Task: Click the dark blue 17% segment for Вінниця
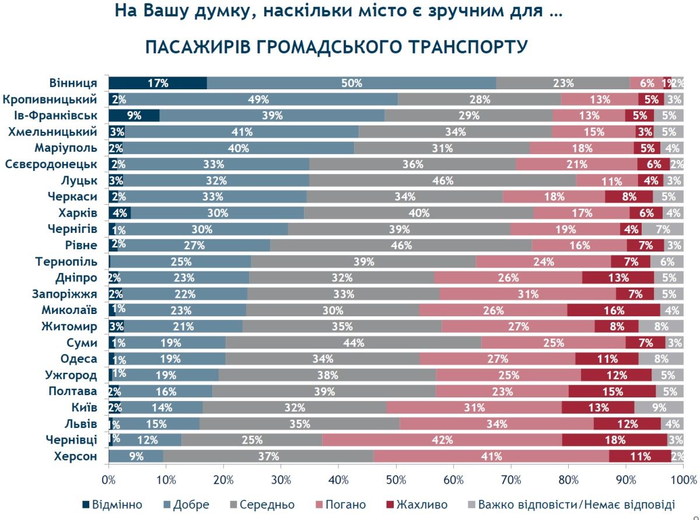click(x=157, y=83)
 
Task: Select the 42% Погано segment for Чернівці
click(x=442, y=440)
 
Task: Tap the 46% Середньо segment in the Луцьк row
click(x=442, y=180)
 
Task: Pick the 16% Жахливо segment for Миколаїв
click(x=613, y=310)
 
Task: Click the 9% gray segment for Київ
click(x=659, y=407)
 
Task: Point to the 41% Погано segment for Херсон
click(x=491, y=456)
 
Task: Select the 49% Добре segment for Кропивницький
click(x=254, y=99)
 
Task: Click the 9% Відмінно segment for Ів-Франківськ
click(x=134, y=116)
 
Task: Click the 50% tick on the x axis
click(x=395, y=480)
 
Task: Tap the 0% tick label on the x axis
click(x=108, y=480)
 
